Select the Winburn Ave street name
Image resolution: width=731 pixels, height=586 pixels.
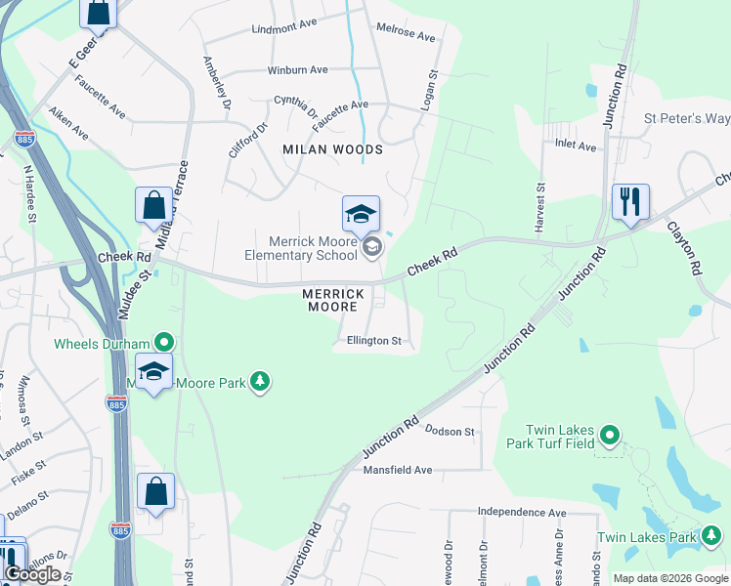[x=298, y=70]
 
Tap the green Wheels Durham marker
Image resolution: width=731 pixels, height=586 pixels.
[x=164, y=343]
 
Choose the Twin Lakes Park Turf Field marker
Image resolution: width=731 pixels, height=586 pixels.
[x=610, y=435]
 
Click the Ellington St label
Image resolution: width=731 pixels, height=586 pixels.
[x=374, y=341]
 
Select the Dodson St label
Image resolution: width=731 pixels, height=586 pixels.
[x=450, y=431]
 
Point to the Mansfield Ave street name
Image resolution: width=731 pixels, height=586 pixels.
[x=398, y=470]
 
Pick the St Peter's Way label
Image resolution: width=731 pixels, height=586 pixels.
[x=686, y=118]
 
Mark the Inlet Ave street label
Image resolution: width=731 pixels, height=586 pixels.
[x=575, y=146]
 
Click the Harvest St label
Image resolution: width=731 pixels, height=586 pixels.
[x=538, y=206]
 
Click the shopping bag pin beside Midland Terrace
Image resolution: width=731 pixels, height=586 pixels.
[x=153, y=206]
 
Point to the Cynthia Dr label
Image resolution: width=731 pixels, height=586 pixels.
[x=296, y=105]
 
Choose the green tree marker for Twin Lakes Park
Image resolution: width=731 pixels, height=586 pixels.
[x=711, y=536]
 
